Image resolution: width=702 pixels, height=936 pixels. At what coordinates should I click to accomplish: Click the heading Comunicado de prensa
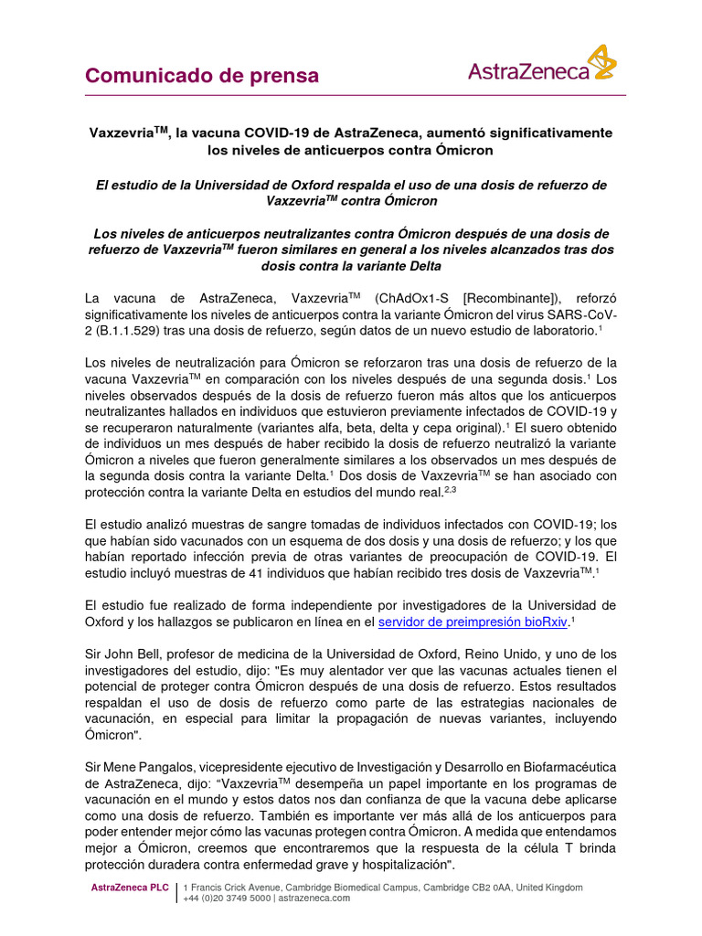(202, 76)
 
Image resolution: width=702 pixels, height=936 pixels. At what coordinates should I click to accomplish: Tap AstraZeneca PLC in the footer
(130, 888)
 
